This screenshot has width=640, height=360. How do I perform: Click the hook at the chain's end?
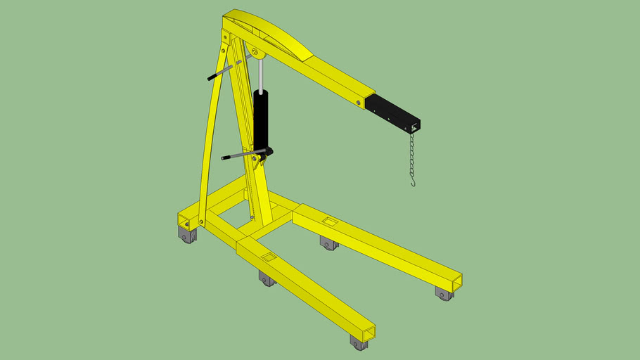tap(414, 182)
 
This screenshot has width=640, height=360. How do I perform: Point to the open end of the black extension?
tap(416, 126)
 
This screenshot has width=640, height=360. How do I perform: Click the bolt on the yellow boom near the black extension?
tap(359, 103)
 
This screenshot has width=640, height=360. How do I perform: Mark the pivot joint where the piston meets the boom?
tap(255, 53)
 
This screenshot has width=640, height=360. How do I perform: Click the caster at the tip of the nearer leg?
tap(359, 343)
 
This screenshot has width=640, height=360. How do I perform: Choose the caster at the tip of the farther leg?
tap(444, 293)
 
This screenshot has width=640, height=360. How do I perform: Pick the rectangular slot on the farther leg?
tap(329, 222)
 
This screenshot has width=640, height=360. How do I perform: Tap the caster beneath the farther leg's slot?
tap(328, 243)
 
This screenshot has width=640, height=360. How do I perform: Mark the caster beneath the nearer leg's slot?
tap(267, 279)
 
